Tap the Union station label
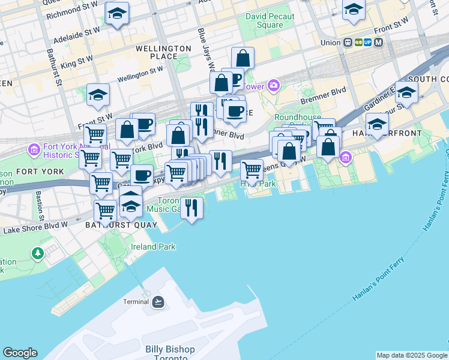pos(330,43)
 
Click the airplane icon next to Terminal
pos(158,301)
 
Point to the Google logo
pos(20,353)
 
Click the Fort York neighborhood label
pos(32,172)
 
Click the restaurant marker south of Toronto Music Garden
pos(191,208)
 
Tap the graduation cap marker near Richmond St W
pos(116,13)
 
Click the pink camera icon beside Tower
pos(274,85)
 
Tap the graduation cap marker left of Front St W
pos(98,95)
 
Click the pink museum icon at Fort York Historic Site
pos(33,148)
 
